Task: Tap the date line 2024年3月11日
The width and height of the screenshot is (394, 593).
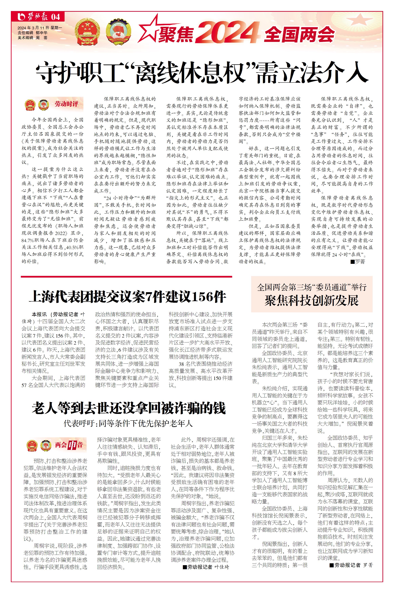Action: (x=40, y=28)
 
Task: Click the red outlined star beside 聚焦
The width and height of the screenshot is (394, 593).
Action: (x=149, y=31)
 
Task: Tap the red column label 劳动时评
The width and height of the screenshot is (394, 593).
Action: (x=66, y=104)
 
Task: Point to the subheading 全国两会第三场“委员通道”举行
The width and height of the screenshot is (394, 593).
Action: (x=312, y=287)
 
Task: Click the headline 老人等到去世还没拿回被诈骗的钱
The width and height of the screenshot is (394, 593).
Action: (x=128, y=408)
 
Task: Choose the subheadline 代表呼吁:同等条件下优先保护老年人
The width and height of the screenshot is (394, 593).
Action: (x=128, y=424)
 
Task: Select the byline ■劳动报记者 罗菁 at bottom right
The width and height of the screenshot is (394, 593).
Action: (x=351, y=565)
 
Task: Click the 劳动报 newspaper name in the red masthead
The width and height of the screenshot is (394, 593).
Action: (x=38, y=17)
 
